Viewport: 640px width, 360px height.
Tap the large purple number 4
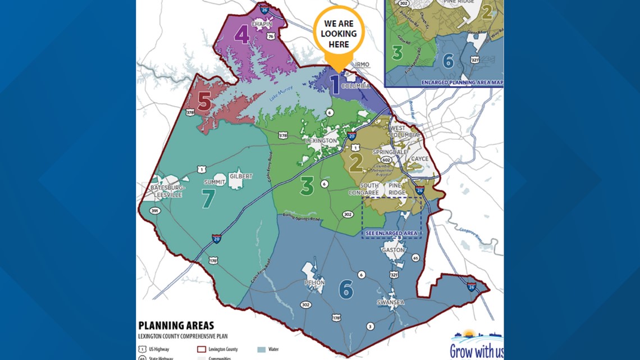[241, 36]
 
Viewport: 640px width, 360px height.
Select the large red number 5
[204, 102]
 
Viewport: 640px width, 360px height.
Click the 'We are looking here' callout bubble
[339, 34]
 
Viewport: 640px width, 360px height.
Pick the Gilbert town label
[241, 176]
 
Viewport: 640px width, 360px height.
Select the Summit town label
[214, 183]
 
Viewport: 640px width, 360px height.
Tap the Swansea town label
[391, 302]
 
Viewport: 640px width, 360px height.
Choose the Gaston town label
[393, 250]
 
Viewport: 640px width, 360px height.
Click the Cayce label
[420, 159]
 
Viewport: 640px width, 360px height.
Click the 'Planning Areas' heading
[176, 326]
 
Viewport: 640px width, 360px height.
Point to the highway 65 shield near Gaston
[415, 258]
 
